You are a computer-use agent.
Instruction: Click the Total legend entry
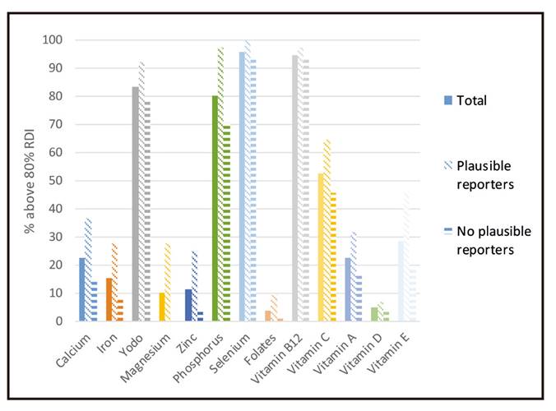472,100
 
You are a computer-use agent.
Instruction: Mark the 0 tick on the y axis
59,321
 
